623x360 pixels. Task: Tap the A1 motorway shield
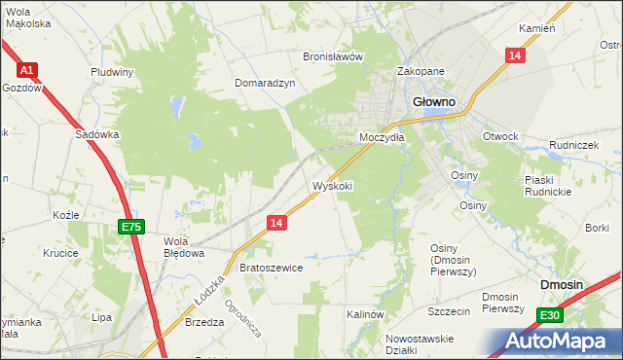click(x=27, y=70)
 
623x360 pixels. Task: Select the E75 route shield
click(x=131, y=227)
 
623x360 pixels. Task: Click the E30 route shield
click(x=550, y=314)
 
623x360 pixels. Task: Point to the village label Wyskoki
click(x=332, y=186)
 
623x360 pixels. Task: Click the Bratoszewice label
click(x=272, y=268)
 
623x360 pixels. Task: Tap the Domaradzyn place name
click(x=265, y=84)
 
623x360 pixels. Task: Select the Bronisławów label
click(x=333, y=56)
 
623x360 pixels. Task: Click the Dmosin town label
click(x=562, y=284)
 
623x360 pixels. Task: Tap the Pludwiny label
click(x=112, y=72)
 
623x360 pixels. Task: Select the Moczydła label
click(x=381, y=138)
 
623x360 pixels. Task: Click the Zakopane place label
click(x=421, y=72)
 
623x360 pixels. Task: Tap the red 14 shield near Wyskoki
click(x=277, y=223)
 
